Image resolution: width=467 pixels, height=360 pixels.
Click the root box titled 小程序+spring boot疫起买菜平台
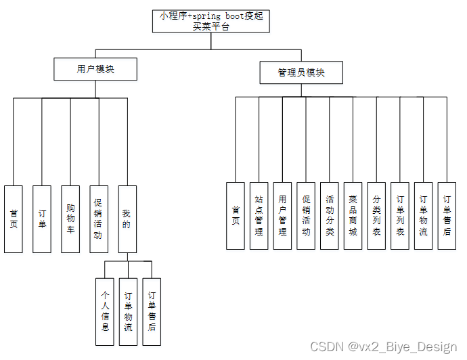[211, 21]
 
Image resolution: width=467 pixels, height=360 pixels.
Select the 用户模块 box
[95, 69]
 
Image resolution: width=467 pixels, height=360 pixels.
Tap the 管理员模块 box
[301, 72]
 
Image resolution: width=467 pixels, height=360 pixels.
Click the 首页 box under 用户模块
[14, 219]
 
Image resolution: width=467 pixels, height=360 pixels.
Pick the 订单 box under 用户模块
[42, 219]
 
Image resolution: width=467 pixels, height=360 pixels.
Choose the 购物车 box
[70, 219]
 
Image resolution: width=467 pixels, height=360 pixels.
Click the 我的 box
[127, 219]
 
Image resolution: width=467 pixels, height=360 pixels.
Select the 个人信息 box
[105, 312]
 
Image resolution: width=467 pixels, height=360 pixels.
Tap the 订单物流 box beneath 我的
[129, 312]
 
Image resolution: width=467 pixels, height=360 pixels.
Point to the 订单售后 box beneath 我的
[152, 312]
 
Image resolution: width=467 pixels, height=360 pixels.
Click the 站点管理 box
[259, 215]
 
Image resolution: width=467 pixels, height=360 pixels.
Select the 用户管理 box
[282, 215]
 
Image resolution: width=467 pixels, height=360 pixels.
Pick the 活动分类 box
[330, 215]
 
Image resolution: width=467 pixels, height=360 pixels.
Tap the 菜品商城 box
[353, 215]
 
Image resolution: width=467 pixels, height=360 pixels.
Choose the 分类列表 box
[376, 215]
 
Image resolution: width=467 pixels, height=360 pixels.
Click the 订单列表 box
[400, 215]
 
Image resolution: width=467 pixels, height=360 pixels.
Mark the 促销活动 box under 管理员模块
[306, 215]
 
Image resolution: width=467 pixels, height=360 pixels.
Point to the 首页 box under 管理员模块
[236, 215]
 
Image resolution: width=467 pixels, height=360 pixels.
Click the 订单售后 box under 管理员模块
[447, 215]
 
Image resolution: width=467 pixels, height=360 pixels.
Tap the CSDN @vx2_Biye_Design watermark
[383, 347]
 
